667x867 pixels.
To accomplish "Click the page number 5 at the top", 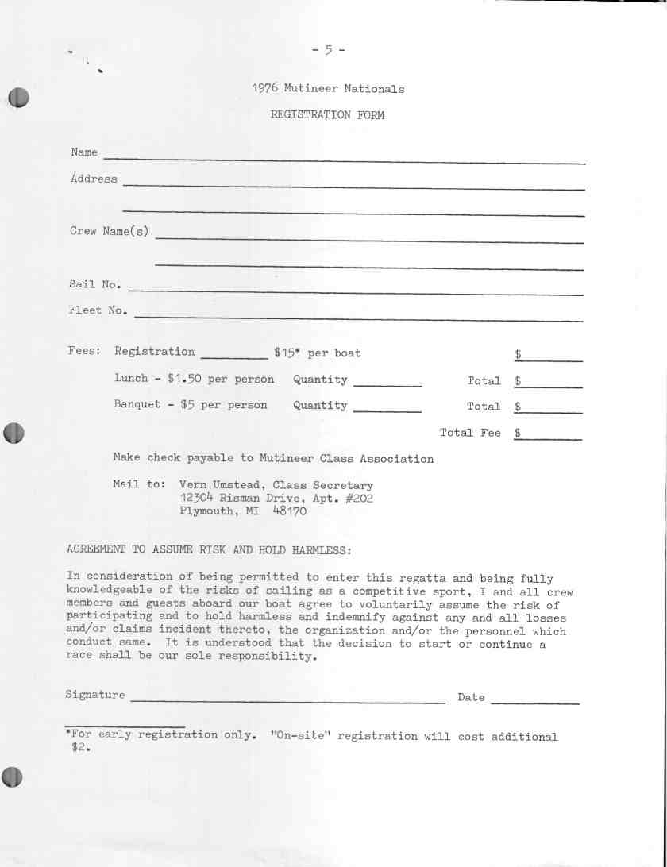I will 328,51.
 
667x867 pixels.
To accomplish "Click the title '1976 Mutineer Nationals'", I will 328,89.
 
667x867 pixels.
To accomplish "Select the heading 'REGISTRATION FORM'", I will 327,115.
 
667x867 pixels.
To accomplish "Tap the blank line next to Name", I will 344,160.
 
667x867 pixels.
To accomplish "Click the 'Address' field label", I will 94,179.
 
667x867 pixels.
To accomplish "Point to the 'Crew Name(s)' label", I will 109,231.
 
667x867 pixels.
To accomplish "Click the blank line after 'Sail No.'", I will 355,292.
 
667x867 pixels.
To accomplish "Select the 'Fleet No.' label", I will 98,310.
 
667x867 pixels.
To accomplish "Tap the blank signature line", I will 287,700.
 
